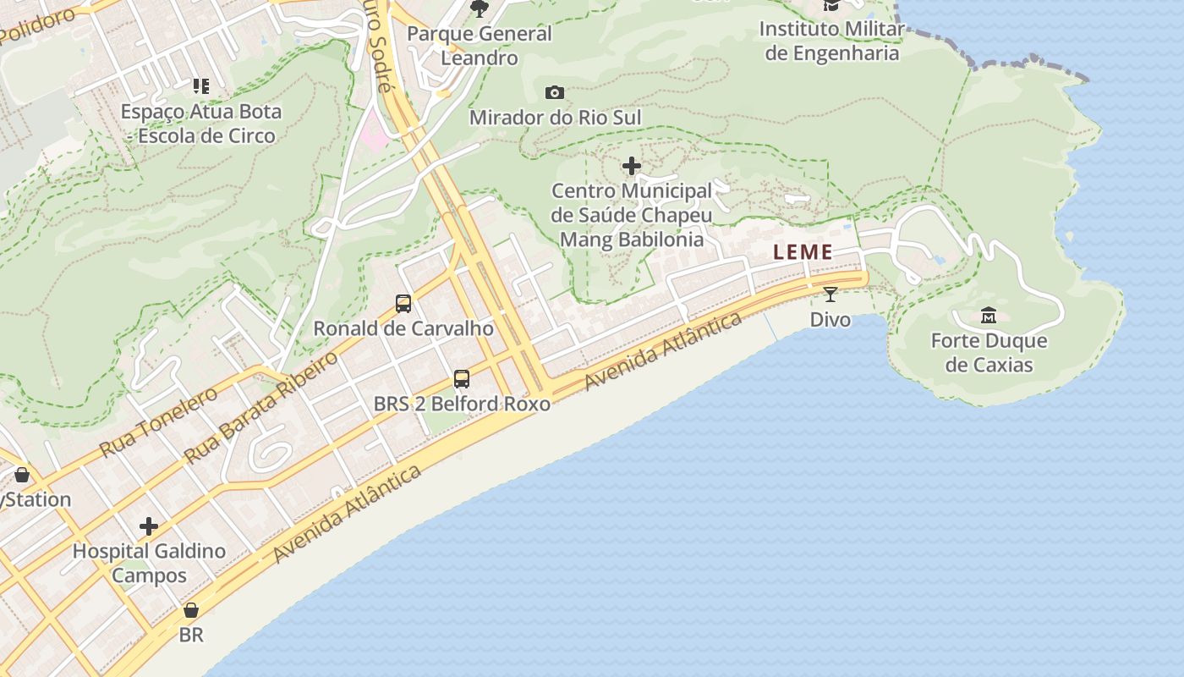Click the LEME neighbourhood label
pos(803,251)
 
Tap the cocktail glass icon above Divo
pos(830,294)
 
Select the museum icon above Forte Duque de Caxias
pos(988,316)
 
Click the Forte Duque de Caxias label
pos(989,353)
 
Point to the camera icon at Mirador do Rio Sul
pos(555,92)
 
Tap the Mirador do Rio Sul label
pos(555,118)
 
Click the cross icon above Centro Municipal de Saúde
pos(631,166)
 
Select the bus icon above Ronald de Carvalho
pos(403,303)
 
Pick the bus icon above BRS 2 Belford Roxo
pos(462,378)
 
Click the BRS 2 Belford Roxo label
pos(462,404)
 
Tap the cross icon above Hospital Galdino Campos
pos(149,526)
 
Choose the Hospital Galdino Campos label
pos(149,564)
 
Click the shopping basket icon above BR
pos(191,609)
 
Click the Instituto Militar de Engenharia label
pos(830,41)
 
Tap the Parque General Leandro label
pos(479,46)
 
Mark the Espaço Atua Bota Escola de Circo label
pos(200,124)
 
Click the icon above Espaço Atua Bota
pos(200,85)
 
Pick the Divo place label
pos(830,320)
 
